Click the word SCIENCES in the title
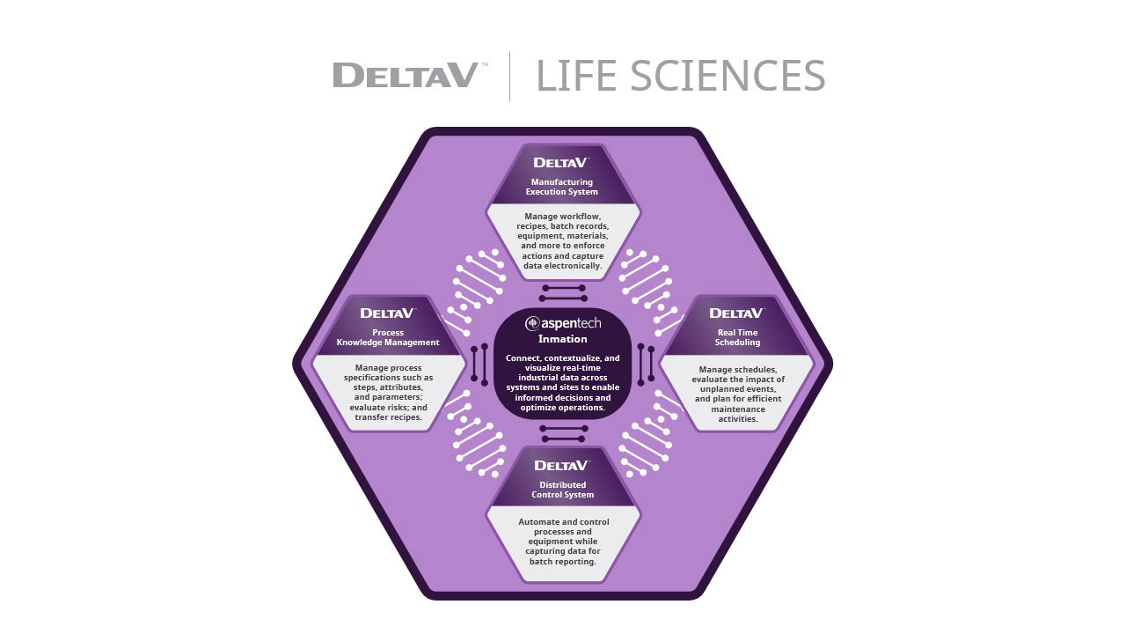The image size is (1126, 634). [x=728, y=76]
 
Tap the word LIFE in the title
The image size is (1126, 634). [x=576, y=76]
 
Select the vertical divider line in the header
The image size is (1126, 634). [x=510, y=76]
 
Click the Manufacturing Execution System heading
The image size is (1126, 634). [x=563, y=187]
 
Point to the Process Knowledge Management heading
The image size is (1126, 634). [x=388, y=337]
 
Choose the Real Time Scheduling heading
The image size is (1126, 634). [x=737, y=337]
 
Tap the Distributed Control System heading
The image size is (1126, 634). [x=563, y=490]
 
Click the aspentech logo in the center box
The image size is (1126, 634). [x=563, y=323]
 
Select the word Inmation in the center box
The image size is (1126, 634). [x=563, y=339]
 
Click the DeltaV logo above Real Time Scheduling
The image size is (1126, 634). [x=736, y=313]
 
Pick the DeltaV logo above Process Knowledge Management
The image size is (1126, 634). [x=387, y=313]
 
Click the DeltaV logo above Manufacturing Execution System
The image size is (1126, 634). [x=561, y=162]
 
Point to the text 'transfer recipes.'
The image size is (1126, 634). [x=388, y=417]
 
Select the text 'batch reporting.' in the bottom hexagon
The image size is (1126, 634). [x=563, y=562]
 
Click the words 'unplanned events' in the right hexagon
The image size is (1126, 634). [x=737, y=388]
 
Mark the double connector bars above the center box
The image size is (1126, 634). [x=564, y=293]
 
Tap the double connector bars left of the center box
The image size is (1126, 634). [x=479, y=364]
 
